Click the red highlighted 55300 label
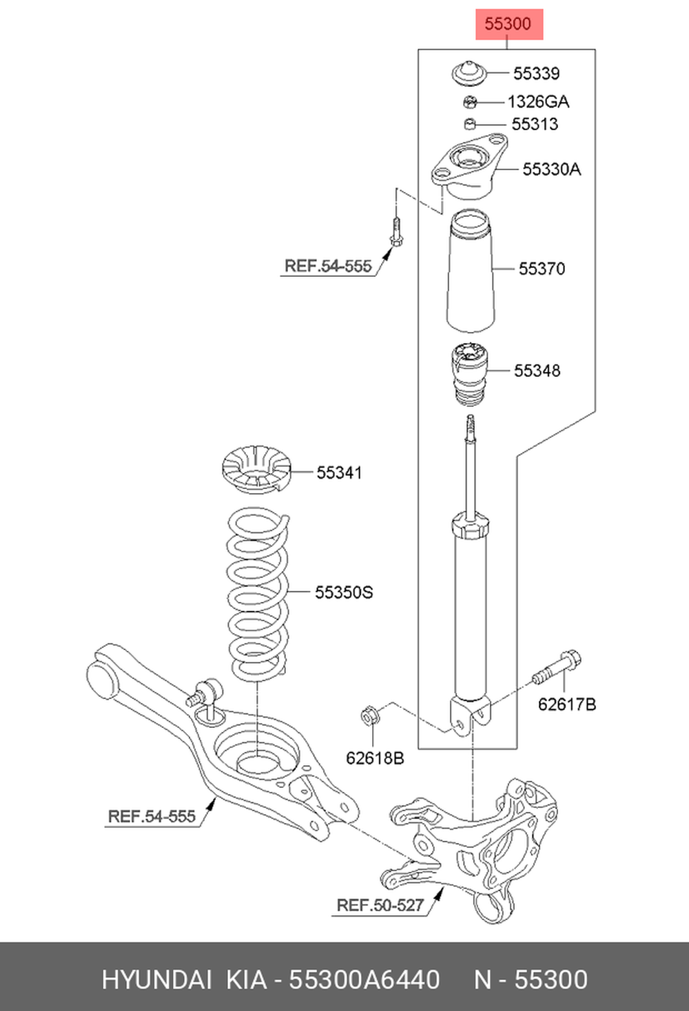click(x=508, y=24)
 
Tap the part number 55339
click(x=536, y=74)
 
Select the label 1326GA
click(x=538, y=102)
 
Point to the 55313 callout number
click(x=535, y=125)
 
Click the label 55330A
click(x=551, y=169)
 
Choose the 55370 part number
click(x=542, y=269)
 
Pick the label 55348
click(x=537, y=371)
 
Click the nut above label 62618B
click(x=369, y=716)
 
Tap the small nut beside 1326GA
click(x=470, y=103)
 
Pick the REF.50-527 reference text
click(x=380, y=905)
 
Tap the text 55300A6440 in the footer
click(x=364, y=979)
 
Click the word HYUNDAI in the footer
click(x=156, y=979)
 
